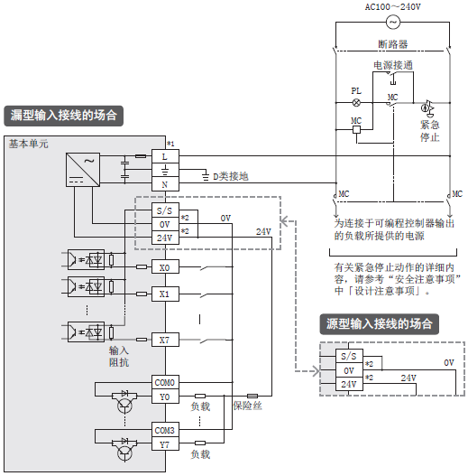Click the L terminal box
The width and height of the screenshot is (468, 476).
pyautogui.click(x=165, y=156)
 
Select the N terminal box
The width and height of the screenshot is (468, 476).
pyautogui.click(x=165, y=184)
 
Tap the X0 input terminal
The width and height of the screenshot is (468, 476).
pyautogui.click(x=165, y=266)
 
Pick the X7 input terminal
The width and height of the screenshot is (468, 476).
pyautogui.click(x=165, y=340)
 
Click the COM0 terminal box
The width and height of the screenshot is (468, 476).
pyautogui.click(x=165, y=382)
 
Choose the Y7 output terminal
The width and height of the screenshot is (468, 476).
pyautogui.click(x=165, y=444)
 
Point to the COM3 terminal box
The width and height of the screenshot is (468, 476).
pyautogui.click(x=165, y=430)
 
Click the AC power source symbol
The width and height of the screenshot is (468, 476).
pyautogui.click(x=393, y=23)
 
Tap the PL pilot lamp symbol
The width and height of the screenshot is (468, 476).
pyautogui.click(x=356, y=103)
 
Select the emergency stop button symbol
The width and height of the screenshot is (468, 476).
pyautogui.click(x=427, y=108)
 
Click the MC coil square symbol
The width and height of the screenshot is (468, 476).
pyautogui.click(x=356, y=130)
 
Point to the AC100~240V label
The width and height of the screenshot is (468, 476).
pyautogui.click(x=393, y=6)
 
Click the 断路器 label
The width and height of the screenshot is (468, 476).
pyautogui.click(x=393, y=44)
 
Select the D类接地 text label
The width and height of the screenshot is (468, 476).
pyautogui.click(x=231, y=176)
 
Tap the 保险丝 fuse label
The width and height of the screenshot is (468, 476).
pyautogui.click(x=247, y=406)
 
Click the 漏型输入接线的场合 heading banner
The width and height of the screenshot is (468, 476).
pyautogui.click(x=64, y=116)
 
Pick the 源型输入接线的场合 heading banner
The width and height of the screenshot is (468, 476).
pyautogui.click(x=380, y=324)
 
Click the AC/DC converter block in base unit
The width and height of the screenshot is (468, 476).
pyautogui.click(x=83, y=170)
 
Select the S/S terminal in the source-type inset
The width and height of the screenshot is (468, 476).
pyautogui.click(x=349, y=356)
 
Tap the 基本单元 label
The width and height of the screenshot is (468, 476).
pyautogui.click(x=28, y=144)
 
